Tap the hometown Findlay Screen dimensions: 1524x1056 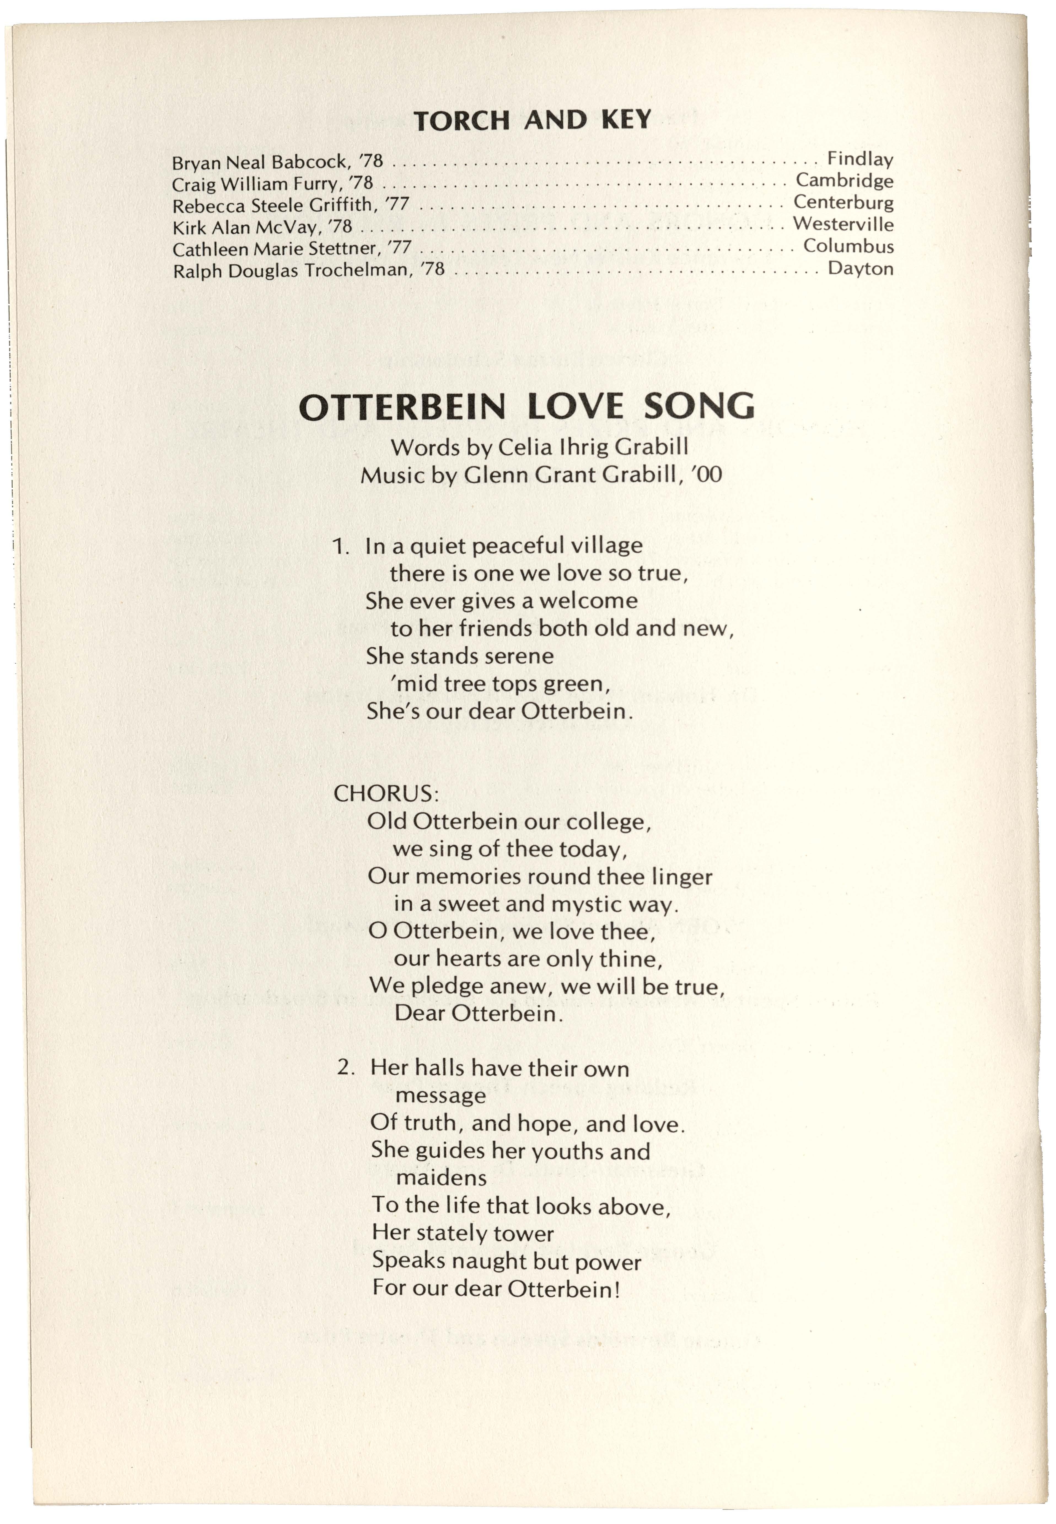[860, 159]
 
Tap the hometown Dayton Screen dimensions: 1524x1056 [860, 268]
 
